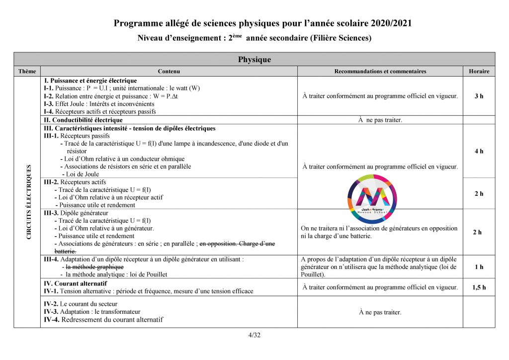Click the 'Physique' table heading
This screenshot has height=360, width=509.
(254, 60)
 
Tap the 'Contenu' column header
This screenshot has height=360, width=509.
(169, 72)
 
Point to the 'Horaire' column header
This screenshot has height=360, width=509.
(479, 72)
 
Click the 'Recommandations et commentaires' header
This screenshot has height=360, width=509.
(380, 72)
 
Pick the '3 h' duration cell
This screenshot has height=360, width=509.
(479, 96)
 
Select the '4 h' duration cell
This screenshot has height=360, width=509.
(479, 151)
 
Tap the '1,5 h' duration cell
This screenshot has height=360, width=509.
(479, 287)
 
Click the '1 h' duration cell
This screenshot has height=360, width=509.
(479, 267)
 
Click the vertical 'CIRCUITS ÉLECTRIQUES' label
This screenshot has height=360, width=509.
(29, 202)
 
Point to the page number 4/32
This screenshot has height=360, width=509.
(254, 335)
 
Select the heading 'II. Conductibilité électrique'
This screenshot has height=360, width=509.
(84, 120)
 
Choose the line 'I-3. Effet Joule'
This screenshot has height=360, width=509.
(99, 104)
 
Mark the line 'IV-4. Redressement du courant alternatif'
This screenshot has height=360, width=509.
(103, 320)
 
